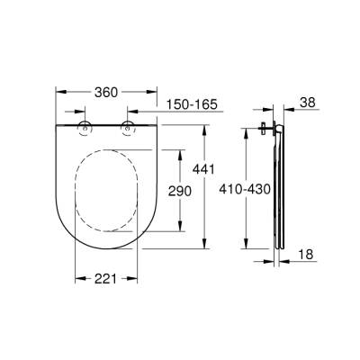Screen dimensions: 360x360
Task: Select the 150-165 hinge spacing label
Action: tap(192, 105)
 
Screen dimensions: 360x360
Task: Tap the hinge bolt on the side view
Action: tap(265, 129)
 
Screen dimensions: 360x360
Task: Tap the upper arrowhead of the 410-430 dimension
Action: tap(245, 132)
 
